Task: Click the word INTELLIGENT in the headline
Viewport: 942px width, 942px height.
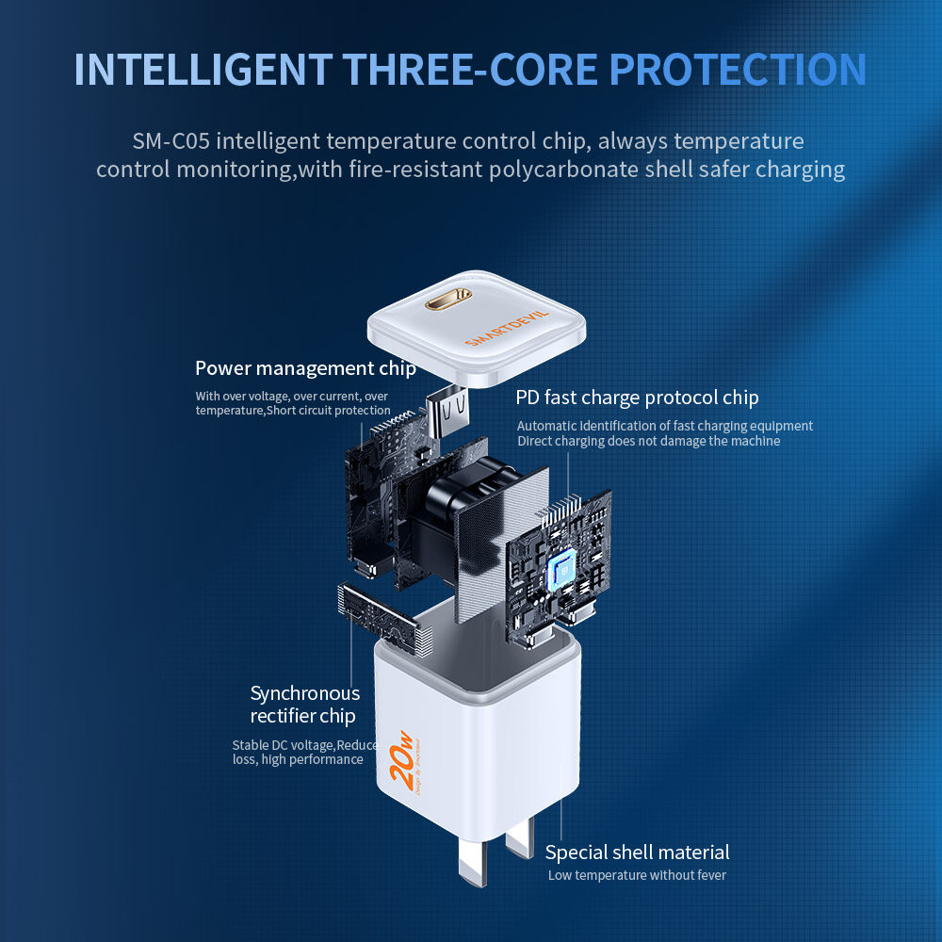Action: [x=203, y=70]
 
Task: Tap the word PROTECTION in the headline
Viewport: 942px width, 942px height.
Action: [x=738, y=70]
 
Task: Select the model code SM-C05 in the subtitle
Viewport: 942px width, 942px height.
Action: [x=171, y=141]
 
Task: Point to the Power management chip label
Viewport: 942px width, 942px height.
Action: [x=305, y=368]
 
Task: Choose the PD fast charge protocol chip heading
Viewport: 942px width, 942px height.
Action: [x=637, y=398]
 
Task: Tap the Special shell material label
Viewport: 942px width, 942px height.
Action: [x=637, y=853]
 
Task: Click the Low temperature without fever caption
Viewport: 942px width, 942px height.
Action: [x=637, y=875]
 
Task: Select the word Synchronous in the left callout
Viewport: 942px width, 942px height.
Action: [x=305, y=693]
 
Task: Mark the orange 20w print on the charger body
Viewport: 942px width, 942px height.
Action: [x=401, y=759]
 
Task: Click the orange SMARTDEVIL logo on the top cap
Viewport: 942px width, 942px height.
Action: [x=507, y=329]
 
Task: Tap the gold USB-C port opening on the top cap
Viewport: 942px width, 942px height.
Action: [x=448, y=298]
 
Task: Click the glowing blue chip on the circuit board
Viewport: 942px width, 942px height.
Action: [x=561, y=569]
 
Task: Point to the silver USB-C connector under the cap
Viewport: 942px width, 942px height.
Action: [x=447, y=413]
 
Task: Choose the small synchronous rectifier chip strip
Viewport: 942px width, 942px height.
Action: [x=384, y=619]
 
